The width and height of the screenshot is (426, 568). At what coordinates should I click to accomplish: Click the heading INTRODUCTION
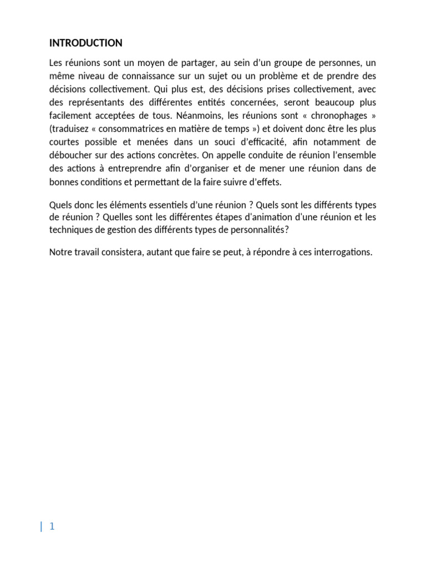(86, 43)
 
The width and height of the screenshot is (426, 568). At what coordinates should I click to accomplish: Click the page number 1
(52, 526)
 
